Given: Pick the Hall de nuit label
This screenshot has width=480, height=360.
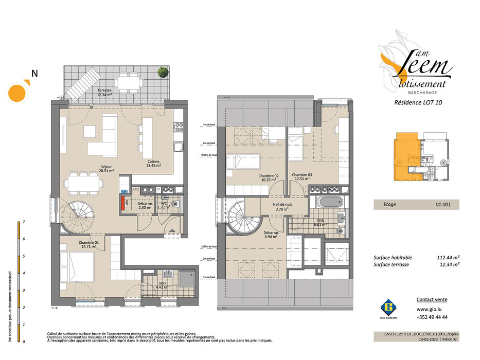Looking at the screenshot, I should pos(282,207).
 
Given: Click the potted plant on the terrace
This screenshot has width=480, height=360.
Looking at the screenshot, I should pos(162,72).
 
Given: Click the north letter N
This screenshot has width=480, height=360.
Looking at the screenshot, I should pos(34,74).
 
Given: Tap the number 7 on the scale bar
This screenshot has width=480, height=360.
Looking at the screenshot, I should pos(17,222).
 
